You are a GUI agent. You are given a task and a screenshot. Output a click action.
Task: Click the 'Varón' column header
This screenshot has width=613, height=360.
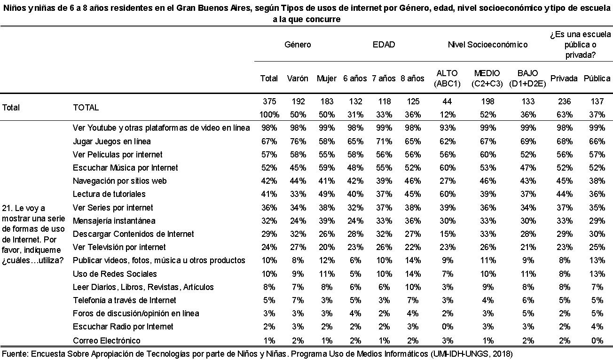click(298, 78)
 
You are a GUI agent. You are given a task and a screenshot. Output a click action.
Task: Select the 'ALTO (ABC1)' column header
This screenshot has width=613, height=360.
click(447, 78)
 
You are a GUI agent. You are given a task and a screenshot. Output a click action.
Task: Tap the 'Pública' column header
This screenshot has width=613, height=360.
click(597, 78)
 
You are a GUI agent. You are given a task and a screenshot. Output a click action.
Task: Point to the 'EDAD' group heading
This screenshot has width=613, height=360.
click(384, 45)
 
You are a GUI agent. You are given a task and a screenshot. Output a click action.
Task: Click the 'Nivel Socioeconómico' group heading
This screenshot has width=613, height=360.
click(487, 45)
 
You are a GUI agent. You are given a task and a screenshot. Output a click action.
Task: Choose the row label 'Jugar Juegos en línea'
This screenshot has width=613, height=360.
click(112, 141)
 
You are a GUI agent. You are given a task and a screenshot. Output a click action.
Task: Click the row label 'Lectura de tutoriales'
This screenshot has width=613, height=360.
click(109, 194)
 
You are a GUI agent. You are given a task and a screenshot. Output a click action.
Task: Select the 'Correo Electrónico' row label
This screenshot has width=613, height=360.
click(106, 341)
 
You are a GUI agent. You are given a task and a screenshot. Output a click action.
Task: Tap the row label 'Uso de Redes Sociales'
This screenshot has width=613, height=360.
click(115, 274)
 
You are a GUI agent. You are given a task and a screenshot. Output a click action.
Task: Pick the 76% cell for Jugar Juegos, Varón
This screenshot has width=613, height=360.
click(298, 141)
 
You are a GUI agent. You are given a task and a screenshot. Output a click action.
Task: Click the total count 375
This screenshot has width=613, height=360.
click(269, 102)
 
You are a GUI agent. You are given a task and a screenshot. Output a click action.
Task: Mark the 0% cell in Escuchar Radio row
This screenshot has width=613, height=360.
click(448, 326)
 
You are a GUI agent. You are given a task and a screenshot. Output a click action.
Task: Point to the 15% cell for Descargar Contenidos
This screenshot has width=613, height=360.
click(448, 234)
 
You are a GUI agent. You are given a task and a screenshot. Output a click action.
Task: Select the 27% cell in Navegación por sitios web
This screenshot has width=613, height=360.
click(448, 181)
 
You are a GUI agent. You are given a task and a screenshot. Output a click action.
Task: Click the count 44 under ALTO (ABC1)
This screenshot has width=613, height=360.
click(447, 102)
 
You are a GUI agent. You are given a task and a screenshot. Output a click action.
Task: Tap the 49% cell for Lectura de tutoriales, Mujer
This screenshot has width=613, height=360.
click(327, 194)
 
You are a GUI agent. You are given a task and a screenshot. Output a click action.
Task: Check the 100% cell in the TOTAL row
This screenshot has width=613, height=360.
click(269, 115)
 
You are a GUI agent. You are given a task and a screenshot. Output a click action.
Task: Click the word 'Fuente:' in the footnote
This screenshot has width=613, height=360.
click(16, 354)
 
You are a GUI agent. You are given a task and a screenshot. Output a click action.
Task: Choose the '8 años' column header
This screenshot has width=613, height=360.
click(412, 78)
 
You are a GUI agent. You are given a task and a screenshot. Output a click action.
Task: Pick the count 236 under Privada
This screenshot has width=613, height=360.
click(564, 102)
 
